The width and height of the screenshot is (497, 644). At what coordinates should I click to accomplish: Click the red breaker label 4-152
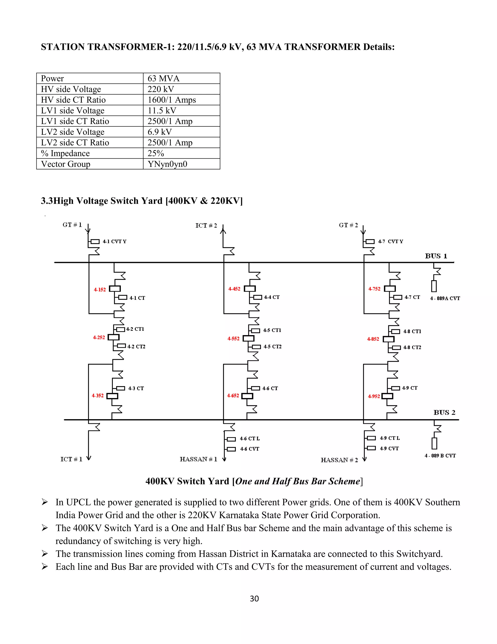(99, 290)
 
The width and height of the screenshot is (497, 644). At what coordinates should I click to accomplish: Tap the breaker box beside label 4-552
(248, 339)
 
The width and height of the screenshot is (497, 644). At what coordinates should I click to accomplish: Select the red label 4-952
(374, 396)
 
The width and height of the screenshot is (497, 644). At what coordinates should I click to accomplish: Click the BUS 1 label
(436, 256)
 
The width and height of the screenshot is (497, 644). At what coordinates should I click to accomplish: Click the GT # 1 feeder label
(72, 225)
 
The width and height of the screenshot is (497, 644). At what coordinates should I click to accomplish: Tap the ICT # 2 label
(206, 226)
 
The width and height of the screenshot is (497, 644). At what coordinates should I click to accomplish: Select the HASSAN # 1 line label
(199, 459)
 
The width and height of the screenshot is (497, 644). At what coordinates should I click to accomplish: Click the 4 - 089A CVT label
(445, 298)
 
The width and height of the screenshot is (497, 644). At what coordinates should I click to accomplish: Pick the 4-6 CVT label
(249, 449)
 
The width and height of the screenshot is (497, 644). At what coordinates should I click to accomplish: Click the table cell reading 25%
(156, 153)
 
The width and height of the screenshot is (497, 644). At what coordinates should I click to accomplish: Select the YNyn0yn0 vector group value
(167, 164)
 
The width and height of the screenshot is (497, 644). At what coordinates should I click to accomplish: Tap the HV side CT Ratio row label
(73, 100)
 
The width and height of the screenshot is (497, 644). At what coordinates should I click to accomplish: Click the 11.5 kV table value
(162, 111)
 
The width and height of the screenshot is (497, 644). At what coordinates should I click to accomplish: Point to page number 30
(254, 599)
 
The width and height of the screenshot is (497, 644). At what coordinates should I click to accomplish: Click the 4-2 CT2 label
(136, 347)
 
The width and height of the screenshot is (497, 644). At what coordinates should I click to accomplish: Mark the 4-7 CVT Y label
(390, 242)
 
